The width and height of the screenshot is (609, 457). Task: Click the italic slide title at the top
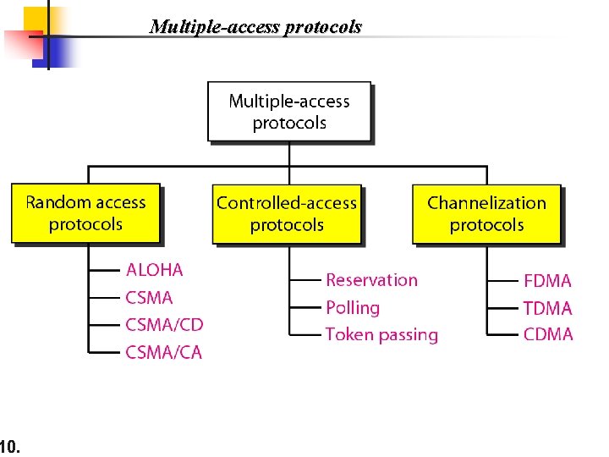point(255,27)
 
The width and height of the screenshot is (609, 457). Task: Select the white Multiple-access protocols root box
point(289,112)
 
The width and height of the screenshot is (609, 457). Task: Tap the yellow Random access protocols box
point(85,213)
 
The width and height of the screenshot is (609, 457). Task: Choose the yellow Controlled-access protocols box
point(287,213)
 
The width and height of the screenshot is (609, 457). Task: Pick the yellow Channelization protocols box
point(486,213)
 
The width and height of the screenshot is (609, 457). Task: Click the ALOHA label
point(154,271)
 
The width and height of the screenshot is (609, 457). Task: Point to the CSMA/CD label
point(164,325)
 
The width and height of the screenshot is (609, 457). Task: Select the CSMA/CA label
point(164,352)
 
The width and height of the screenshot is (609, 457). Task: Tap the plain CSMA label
point(149,298)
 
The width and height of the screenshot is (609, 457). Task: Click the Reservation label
point(371,280)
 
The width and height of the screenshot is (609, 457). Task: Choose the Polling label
point(353,307)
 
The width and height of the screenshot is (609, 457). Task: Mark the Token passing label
point(381,334)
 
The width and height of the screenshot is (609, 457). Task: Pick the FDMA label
point(547,281)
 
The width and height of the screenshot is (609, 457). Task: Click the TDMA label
point(547,308)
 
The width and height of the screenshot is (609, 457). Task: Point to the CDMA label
point(547,334)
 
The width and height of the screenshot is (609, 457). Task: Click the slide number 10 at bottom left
point(9,445)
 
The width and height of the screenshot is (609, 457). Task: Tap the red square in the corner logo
point(20,44)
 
